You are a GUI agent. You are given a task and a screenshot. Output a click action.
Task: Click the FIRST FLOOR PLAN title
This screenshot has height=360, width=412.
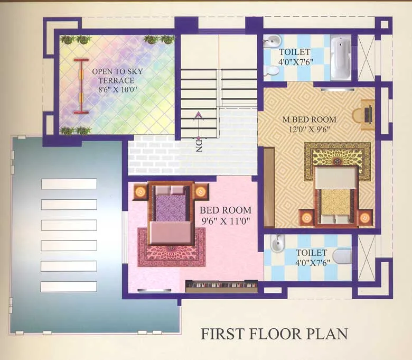tap(274, 334)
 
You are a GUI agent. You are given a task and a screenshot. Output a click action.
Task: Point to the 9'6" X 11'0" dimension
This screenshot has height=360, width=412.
tap(225, 221)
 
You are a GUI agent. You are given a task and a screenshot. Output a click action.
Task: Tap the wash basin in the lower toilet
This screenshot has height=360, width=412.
tap(276, 244)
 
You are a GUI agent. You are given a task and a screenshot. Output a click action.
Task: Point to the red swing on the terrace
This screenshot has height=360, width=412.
tap(81, 86)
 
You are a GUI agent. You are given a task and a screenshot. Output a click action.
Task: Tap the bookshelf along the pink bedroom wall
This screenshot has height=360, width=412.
tap(221, 286)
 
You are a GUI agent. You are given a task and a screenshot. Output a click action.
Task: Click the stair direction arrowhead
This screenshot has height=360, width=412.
tap(199, 115)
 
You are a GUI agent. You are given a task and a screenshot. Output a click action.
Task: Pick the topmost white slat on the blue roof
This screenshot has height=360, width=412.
tap(69, 184)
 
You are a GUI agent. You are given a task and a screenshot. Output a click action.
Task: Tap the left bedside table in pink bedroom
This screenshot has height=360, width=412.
tap(140, 191)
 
